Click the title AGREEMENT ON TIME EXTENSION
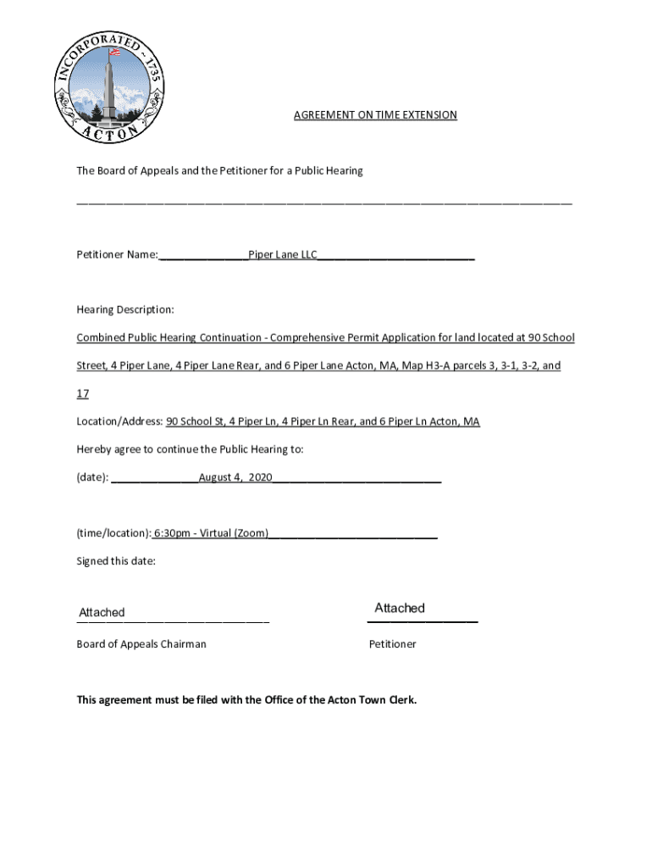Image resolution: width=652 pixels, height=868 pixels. pos(375,114)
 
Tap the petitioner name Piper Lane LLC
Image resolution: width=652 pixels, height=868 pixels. pos(282,254)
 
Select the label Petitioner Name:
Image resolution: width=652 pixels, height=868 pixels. pos(117,254)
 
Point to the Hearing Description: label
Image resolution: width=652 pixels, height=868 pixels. pos(125,310)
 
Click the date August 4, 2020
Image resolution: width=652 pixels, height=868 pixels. pos(235,478)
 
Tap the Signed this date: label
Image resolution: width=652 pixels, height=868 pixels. pos(116,561)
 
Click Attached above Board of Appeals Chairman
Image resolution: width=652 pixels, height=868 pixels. pos(102,612)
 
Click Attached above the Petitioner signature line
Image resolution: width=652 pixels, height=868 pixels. pos(400,608)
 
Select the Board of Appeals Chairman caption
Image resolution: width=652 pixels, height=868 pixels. pos(141,644)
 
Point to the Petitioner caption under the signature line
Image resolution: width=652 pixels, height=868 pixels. pos(392,644)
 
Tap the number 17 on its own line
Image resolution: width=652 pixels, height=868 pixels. pos(83,394)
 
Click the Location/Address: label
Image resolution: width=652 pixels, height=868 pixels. pos(119,421)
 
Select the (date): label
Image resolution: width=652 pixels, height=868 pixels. pos(92,478)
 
